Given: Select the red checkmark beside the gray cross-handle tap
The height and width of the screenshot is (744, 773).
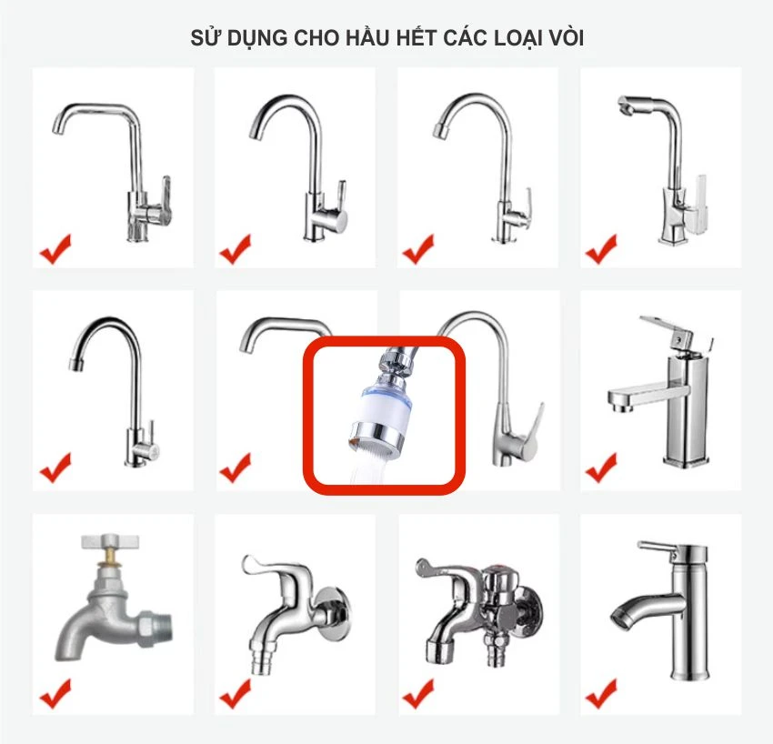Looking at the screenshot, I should tap(55, 696).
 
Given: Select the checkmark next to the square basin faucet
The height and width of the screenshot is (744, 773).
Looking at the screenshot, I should tap(601, 468).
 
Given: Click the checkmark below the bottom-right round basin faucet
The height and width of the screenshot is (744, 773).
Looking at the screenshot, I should tap(601, 696).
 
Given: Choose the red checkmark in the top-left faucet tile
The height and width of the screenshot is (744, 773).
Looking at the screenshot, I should tap(55, 247).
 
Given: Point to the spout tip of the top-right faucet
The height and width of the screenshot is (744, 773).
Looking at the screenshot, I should tap(625, 107).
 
